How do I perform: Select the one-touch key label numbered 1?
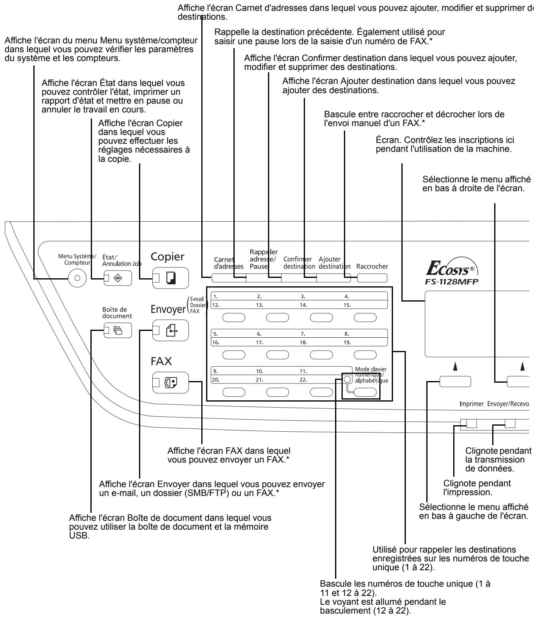[x=216, y=297]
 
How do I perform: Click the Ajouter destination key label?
[x=334, y=263]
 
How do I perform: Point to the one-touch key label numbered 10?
[x=260, y=371]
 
